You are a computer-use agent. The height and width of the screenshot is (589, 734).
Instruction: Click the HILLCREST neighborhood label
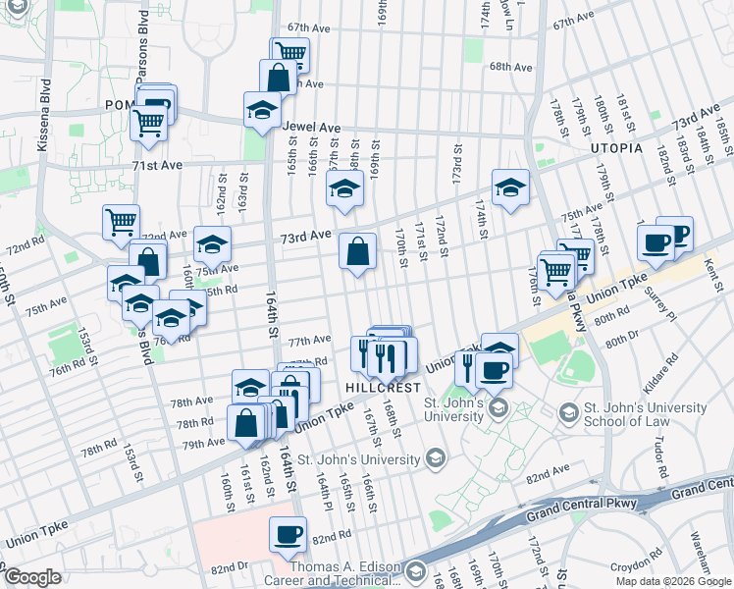[384, 389]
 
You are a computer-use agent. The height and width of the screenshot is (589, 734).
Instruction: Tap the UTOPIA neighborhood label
[616, 148]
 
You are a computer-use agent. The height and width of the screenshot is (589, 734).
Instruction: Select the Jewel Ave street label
[311, 128]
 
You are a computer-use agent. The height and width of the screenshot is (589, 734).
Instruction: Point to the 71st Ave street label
[158, 166]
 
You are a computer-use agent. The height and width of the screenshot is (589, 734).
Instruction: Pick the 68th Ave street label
[511, 67]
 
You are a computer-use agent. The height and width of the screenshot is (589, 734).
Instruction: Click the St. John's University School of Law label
[643, 415]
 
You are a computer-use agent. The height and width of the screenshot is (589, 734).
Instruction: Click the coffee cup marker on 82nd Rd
[288, 534]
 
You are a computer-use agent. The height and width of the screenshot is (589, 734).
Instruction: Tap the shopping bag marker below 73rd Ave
[358, 252]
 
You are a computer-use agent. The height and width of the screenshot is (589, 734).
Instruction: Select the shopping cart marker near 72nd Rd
[121, 222]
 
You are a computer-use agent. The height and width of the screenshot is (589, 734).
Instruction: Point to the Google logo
[32, 577]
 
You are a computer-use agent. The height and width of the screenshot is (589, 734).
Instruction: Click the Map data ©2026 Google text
[672, 580]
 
